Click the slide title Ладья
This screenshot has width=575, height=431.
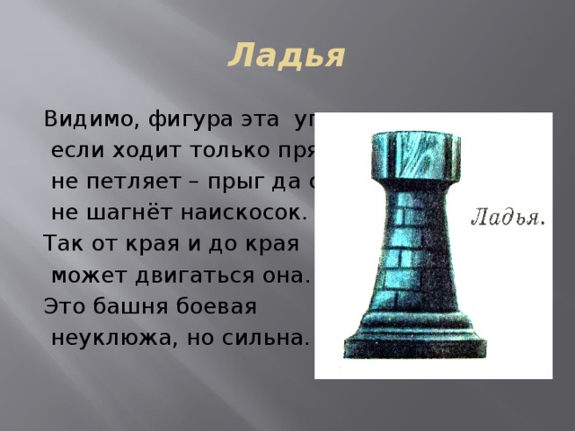[287, 56]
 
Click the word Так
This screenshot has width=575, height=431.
[60, 244]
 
